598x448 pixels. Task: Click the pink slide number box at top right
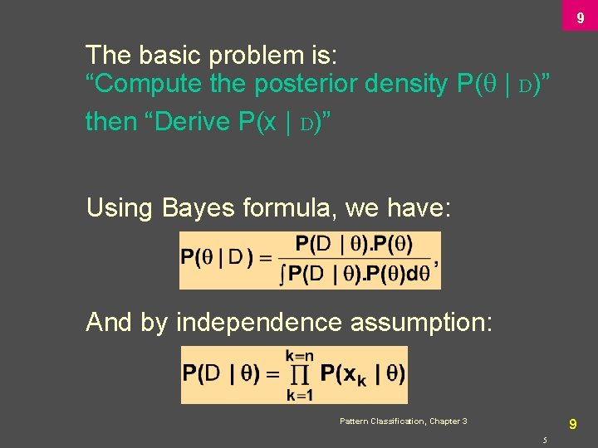pyautogui.click(x=580, y=16)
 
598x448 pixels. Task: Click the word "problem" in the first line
pyautogui.click(x=242, y=56)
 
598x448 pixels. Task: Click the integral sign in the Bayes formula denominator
pyautogui.click(x=283, y=275)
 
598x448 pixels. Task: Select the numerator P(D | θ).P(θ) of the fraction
pyautogui.click(x=355, y=245)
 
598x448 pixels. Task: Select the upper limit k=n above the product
pyautogui.click(x=300, y=356)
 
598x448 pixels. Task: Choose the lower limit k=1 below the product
pyautogui.click(x=300, y=395)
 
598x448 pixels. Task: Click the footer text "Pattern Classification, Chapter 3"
pyautogui.click(x=403, y=421)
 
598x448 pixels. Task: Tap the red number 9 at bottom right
pyautogui.click(x=572, y=424)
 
